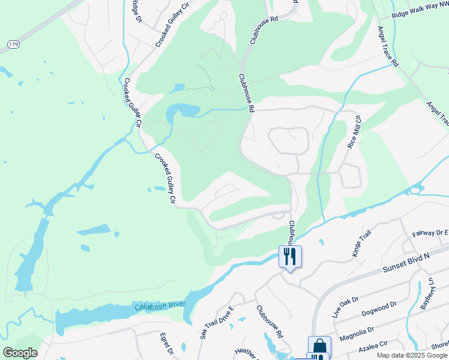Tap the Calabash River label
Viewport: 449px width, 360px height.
pos(160,306)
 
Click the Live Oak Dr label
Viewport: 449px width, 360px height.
pos(345,306)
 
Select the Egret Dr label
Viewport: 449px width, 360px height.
pos(166,343)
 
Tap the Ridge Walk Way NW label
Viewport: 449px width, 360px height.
pos(418,13)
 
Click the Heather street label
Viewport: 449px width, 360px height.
pos(246,352)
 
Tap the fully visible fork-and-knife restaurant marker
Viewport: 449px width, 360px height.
pos(290,257)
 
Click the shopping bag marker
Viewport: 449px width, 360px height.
pos(319,346)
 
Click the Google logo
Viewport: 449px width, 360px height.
pos(20,353)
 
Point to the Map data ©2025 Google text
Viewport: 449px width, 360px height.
pos(411,355)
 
